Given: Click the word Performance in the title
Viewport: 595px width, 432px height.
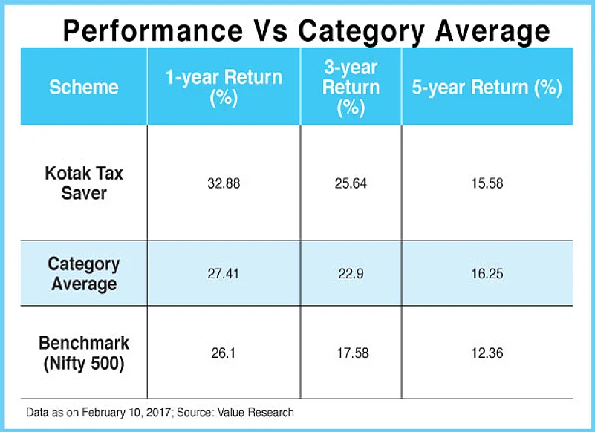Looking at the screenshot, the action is tap(153, 30).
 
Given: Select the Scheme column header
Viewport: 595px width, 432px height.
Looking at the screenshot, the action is tap(84, 88).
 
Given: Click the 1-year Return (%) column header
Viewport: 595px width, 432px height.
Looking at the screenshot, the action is tap(224, 88).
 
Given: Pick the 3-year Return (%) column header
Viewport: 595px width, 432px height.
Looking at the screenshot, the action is tap(351, 88).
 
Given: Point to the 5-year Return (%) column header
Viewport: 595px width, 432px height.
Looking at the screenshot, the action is tap(487, 88).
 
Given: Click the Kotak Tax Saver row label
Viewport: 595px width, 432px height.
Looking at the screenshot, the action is tap(84, 183).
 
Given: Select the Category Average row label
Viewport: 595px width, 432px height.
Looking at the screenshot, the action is tap(84, 274).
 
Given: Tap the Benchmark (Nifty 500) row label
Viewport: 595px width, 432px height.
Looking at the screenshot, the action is tap(84, 353).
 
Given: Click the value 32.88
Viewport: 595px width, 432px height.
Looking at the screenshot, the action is tap(224, 183).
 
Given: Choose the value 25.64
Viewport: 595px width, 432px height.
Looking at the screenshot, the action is tap(351, 183).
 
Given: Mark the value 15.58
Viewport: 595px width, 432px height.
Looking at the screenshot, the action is tap(487, 183).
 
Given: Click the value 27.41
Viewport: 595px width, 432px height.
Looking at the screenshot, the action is tap(224, 274).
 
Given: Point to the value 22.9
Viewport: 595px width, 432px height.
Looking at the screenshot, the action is tap(351, 274).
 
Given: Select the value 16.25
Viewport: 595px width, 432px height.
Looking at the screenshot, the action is tap(487, 274).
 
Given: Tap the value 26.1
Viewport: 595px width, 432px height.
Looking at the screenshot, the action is tap(224, 353).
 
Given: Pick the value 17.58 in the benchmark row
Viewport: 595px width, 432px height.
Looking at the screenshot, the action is tap(353, 353).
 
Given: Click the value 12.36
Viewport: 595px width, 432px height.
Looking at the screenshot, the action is tap(487, 353).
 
